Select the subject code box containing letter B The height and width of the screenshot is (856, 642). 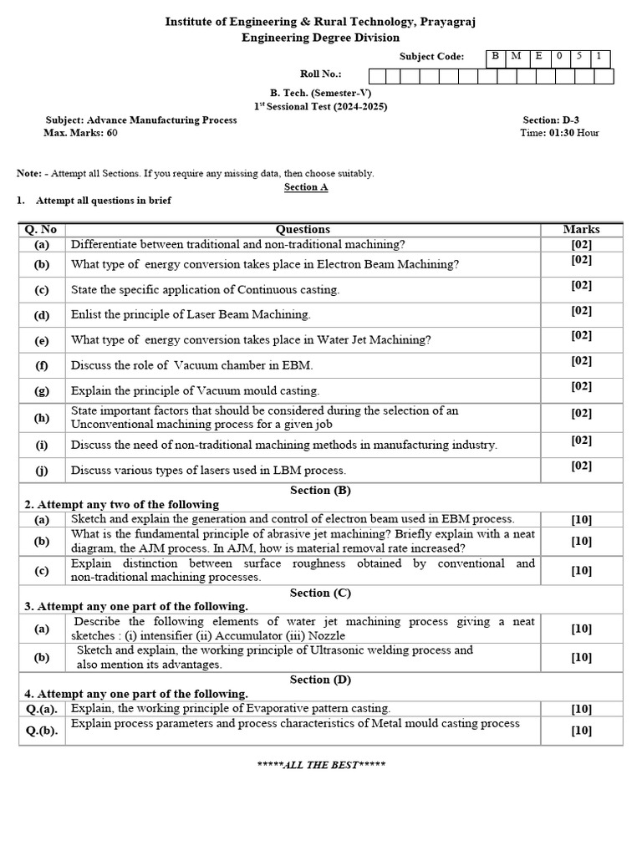[496, 57]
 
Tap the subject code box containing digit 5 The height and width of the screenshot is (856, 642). [579, 57]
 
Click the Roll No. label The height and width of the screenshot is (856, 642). [321, 74]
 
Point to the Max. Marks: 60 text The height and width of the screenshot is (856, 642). [80, 133]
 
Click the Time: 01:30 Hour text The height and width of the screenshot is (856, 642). [559, 133]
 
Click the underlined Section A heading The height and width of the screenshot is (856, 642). [306, 187]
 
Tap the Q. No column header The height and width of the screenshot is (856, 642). [41, 229]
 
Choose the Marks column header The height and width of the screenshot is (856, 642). [581, 229]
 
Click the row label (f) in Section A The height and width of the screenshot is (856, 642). [42, 365]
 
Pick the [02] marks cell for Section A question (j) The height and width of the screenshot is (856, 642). [581, 466]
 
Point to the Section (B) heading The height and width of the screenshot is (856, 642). [320, 490]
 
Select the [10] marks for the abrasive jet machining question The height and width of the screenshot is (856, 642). [581, 541]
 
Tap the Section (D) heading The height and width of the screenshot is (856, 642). [320, 680]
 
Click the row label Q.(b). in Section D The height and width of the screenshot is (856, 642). [42, 730]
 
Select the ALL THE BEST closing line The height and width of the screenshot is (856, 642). [320, 765]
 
